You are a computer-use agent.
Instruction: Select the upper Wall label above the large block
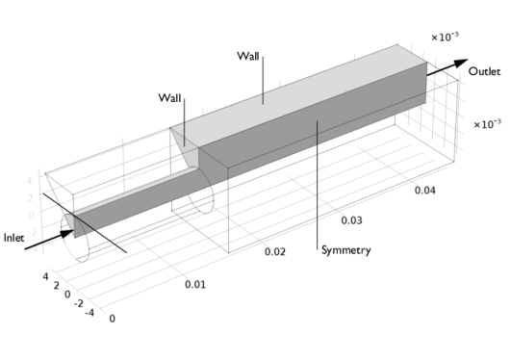[x=246, y=57]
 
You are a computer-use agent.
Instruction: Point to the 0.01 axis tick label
[x=195, y=285]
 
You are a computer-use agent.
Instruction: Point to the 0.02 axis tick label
[x=274, y=252]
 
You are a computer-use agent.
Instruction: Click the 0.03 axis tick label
[x=351, y=220]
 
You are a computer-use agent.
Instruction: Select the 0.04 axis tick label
[x=425, y=190]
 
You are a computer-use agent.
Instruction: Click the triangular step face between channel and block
[x=183, y=145]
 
